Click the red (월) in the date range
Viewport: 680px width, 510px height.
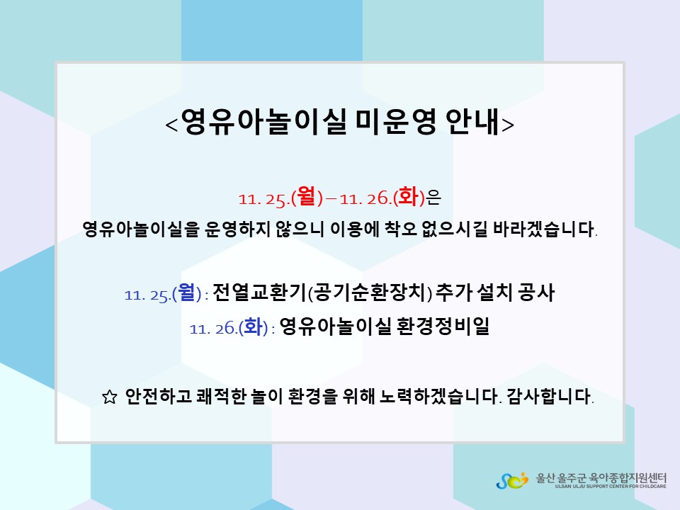click(x=307, y=197)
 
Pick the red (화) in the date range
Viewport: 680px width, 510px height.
click(x=409, y=197)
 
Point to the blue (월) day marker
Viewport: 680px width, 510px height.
click(x=187, y=293)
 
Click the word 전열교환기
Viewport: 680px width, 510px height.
click(x=260, y=293)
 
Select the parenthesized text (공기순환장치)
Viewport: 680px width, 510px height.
click(x=370, y=293)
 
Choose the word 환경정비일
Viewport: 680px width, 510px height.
click(x=443, y=326)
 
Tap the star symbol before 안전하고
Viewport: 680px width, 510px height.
click(x=109, y=397)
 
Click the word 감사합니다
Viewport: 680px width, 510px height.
click(x=550, y=396)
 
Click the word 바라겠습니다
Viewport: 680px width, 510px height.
click(x=545, y=229)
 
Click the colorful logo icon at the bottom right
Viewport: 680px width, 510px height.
click(x=512, y=480)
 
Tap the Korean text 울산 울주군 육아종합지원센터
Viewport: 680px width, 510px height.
click(x=601, y=477)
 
